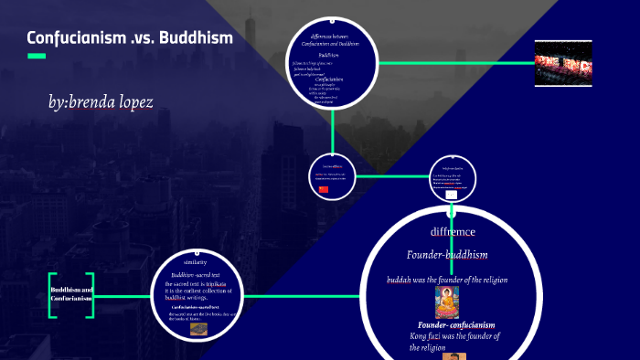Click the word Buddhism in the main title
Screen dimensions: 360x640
195,38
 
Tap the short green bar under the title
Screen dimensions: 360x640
37,57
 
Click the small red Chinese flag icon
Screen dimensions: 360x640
323,189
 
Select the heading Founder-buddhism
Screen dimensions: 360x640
447,254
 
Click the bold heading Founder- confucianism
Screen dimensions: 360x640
456,325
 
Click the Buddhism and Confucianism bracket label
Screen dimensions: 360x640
71,294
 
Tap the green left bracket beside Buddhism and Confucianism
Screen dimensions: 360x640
53,295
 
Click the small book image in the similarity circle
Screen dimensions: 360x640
198,329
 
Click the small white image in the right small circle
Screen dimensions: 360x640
451,195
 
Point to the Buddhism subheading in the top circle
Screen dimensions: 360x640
329,55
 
